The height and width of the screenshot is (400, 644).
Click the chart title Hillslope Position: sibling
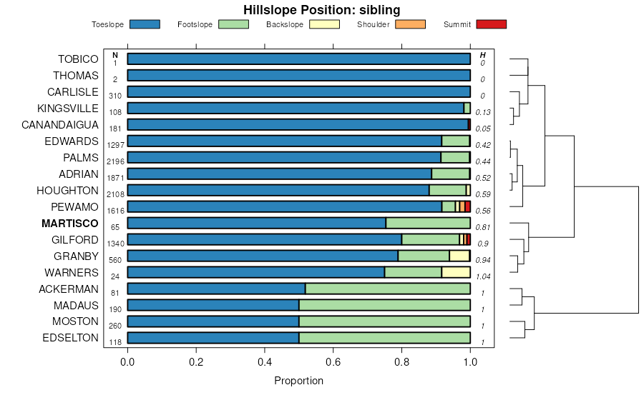(x=321, y=10)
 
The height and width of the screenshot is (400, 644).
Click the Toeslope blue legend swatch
(x=145, y=24)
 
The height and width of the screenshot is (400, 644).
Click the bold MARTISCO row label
(x=70, y=224)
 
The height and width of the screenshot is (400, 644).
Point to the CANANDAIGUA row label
(x=60, y=125)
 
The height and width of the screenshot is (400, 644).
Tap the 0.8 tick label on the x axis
(x=401, y=361)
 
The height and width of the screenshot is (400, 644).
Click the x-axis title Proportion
(x=298, y=381)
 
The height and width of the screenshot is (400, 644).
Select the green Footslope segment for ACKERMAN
(x=387, y=289)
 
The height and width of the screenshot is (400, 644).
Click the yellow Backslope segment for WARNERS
(x=456, y=272)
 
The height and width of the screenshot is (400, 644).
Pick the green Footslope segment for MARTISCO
(x=428, y=223)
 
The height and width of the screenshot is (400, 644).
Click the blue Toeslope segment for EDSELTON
(x=213, y=338)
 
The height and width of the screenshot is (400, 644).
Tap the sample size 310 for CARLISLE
(x=115, y=96)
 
